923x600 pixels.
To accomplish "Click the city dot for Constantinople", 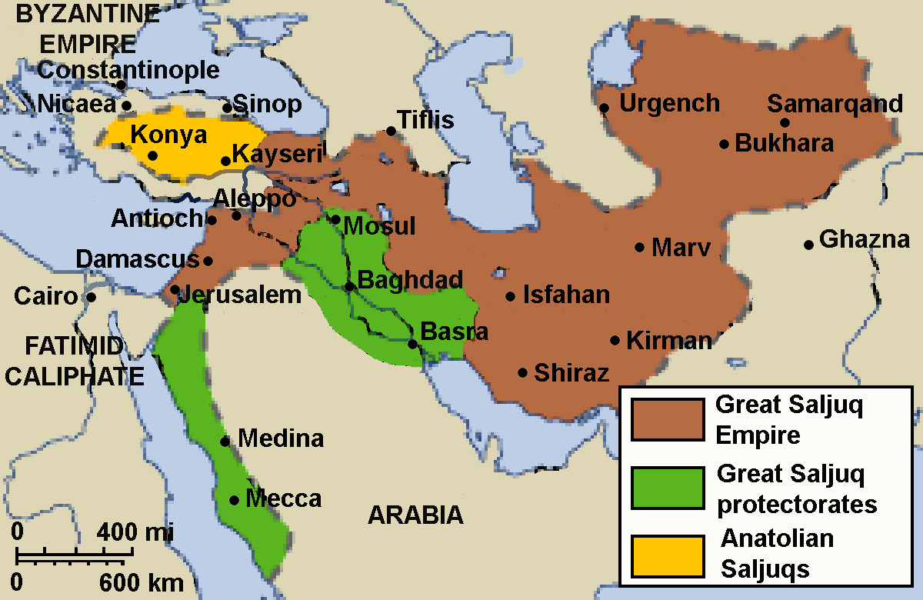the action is click(x=121, y=85).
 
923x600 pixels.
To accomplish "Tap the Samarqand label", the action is click(x=835, y=104).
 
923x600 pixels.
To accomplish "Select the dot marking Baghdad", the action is click(x=349, y=286).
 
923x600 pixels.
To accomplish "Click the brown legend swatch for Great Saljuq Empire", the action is click(x=668, y=419).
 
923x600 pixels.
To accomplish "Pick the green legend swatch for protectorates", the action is click(x=668, y=488).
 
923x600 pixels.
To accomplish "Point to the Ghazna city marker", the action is click(x=808, y=245).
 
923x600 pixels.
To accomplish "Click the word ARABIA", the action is click(x=415, y=515).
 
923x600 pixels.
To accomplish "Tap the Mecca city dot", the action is click(x=235, y=500).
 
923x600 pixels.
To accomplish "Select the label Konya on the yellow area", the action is click(x=168, y=135).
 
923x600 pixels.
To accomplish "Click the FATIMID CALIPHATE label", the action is click(x=74, y=361).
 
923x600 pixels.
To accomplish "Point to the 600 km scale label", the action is click(x=142, y=582).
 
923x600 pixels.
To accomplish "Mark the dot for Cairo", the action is click(x=91, y=297).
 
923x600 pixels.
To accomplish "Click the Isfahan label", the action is click(x=566, y=295).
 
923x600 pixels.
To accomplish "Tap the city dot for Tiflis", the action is click(x=391, y=132).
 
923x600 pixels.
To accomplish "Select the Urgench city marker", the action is click(x=605, y=108).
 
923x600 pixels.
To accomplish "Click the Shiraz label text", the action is click(x=571, y=373).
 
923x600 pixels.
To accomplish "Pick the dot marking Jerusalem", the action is click(x=175, y=290).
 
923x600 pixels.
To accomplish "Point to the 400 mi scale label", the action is click(x=135, y=532).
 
